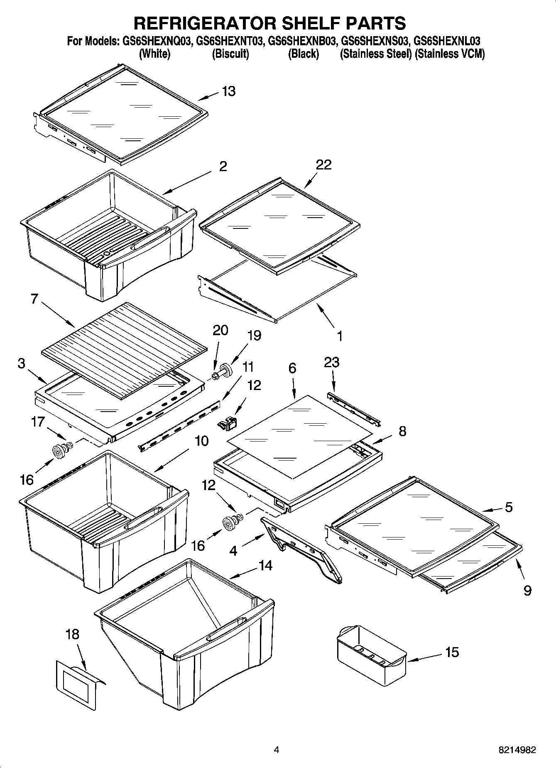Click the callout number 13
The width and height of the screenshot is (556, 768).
pyautogui.click(x=229, y=91)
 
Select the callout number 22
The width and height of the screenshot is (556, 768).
pyautogui.click(x=323, y=164)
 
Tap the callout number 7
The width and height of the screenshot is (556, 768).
pyautogui.click(x=34, y=299)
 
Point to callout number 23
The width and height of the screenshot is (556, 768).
pyautogui.click(x=331, y=362)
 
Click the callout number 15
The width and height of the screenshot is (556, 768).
pyautogui.click(x=452, y=652)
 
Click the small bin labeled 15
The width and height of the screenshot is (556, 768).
pyautogui.click(x=371, y=653)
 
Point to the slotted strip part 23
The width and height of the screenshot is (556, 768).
pyautogui.click(x=353, y=409)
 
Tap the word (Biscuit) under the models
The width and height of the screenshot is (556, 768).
pyautogui.click(x=230, y=54)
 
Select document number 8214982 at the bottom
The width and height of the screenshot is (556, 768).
pyautogui.click(x=517, y=750)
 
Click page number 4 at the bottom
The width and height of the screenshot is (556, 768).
pyautogui.click(x=277, y=750)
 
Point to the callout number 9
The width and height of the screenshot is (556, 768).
pyautogui.click(x=527, y=590)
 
